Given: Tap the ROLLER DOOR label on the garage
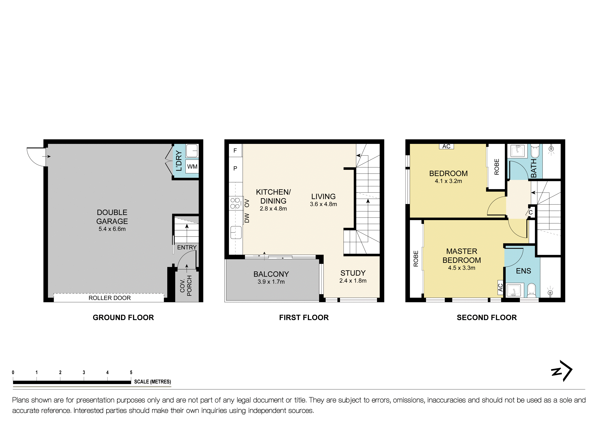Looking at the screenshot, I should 110,298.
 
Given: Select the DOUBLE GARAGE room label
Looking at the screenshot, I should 112,217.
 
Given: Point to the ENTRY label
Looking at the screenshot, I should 187,247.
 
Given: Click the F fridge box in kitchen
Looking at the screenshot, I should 235,151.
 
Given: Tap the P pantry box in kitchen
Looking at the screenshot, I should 235,168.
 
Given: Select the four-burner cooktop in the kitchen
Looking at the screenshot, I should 235,203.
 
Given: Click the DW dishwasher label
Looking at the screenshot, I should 247,218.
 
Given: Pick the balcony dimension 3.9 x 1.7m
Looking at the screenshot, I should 271,282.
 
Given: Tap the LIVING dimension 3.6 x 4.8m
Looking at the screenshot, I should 323,204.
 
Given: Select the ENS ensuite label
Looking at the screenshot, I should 523,271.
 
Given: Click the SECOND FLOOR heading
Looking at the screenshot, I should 486,318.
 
